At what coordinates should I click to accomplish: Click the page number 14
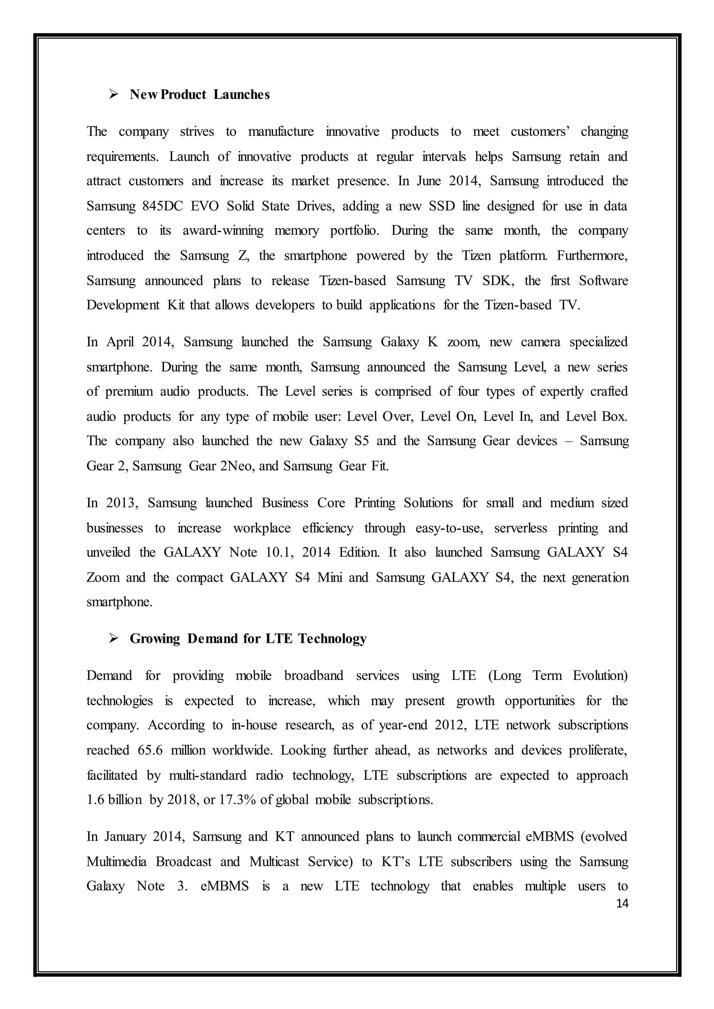coord(622,903)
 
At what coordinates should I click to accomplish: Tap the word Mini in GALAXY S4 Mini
coord(330,577)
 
